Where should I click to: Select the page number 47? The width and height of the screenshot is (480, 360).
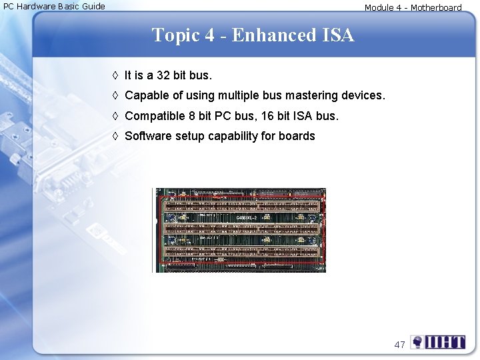click(x=400, y=345)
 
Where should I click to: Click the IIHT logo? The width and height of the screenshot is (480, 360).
click(x=438, y=343)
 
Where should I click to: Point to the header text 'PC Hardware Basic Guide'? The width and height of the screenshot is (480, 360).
click(x=54, y=7)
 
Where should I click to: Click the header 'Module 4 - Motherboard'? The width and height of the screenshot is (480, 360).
click(x=413, y=8)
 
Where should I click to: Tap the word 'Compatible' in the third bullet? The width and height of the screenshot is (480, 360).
click(x=155, y=116)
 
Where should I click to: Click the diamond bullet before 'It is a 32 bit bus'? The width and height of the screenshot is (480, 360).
click(x=115, y=75)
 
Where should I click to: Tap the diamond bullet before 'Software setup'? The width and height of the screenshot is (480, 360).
click(x=115, y=136)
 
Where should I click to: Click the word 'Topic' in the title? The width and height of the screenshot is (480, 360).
click(x=176, y=35)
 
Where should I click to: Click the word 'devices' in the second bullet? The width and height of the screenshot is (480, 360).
click(x=363, y=95)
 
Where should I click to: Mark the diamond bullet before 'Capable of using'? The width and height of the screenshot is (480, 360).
click(x=115, y=95)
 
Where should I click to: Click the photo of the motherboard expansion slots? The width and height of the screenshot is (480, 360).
click(x=239, y=230)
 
